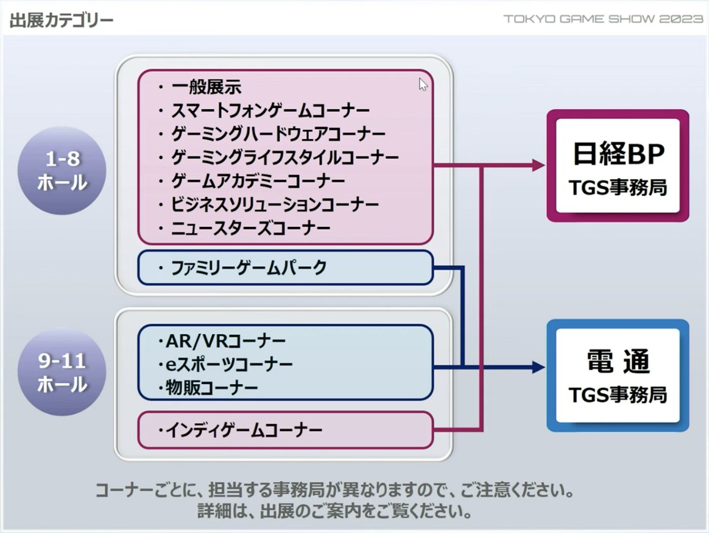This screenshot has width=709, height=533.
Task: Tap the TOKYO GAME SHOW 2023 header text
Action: click(x=603, y=19)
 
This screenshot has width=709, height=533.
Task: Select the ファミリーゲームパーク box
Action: click(x=285, y=268)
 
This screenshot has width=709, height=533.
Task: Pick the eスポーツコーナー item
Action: click(x=228, y=364)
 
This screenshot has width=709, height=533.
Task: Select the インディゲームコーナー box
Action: click(x=285, y=431)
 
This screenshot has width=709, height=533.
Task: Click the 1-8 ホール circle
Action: click(x=62, y=171)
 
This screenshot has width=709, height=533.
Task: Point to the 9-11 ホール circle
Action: click(x=62, y=373)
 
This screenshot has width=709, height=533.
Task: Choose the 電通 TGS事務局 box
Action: click(x=618, y=375)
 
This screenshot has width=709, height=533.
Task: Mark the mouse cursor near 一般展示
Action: click(x=423, y=85)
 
